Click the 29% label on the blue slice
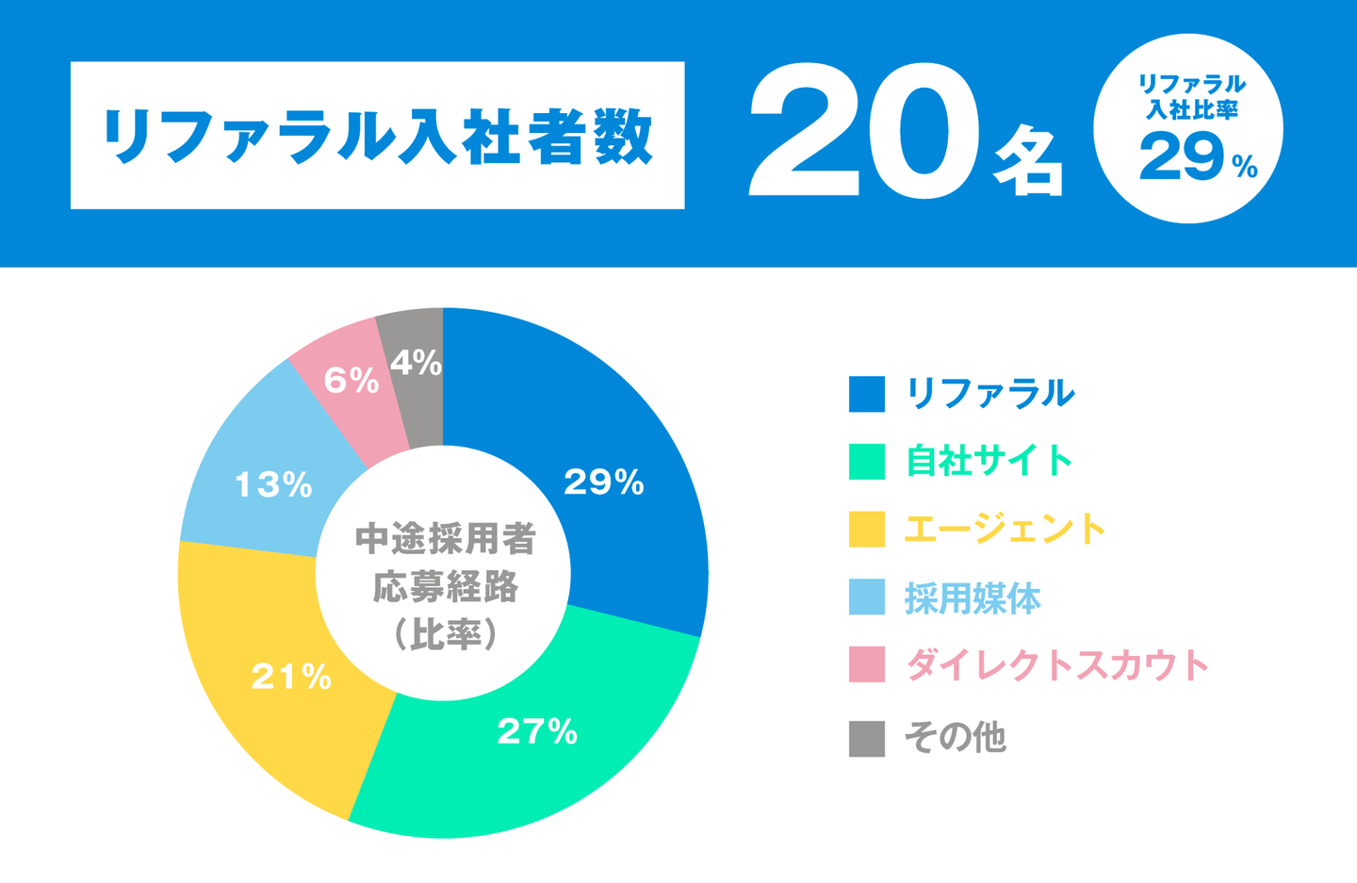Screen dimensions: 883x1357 [603, 482]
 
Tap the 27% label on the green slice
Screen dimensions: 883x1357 [537, 731]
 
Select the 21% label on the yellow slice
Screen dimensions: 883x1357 [291, 677]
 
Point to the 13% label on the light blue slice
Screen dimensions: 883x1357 [273, 485]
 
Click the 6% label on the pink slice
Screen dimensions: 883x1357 [351, 381]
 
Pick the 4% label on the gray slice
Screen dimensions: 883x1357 [416, 363]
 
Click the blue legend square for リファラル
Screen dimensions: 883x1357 [866, 394]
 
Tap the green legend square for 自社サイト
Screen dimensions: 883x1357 [866, 462]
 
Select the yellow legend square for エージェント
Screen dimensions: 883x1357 [866, 530]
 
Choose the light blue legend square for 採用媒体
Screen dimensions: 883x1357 [866, 597]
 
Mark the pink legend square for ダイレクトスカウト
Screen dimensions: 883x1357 [866, 664]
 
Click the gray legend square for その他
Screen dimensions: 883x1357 [866, 739]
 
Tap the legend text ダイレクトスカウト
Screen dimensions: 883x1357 [1056, 665]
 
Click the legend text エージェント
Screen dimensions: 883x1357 [1005, 530]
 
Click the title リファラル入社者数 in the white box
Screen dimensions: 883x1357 [377, 136]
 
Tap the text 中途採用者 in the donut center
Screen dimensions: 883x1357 [445, 539]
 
